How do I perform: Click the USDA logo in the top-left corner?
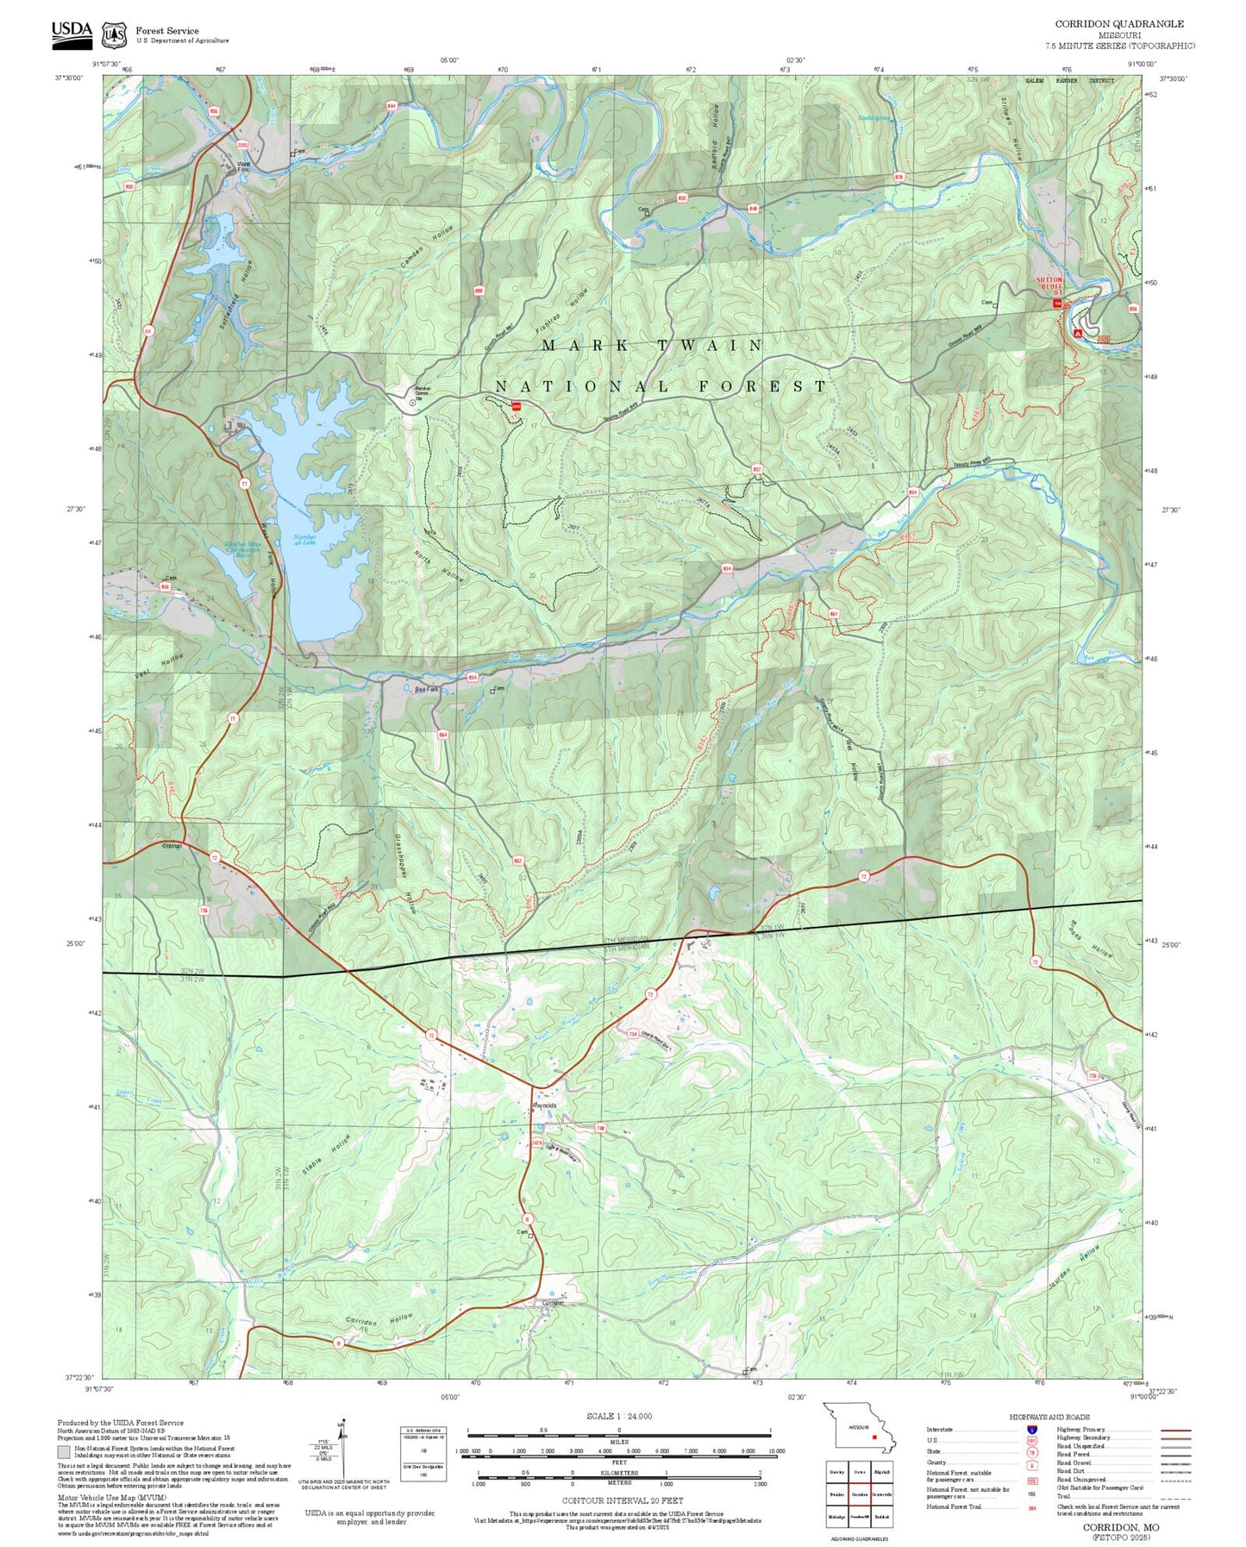71,33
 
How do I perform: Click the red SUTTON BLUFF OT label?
1049,285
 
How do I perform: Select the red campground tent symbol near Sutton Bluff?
1077,332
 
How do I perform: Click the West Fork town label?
244,166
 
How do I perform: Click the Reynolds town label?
544,1105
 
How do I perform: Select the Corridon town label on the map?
553,1303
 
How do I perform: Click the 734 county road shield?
632,1033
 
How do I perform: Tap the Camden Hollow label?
427,246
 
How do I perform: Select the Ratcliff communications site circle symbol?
412,403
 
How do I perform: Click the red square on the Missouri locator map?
874,1437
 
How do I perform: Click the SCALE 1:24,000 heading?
618,1416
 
